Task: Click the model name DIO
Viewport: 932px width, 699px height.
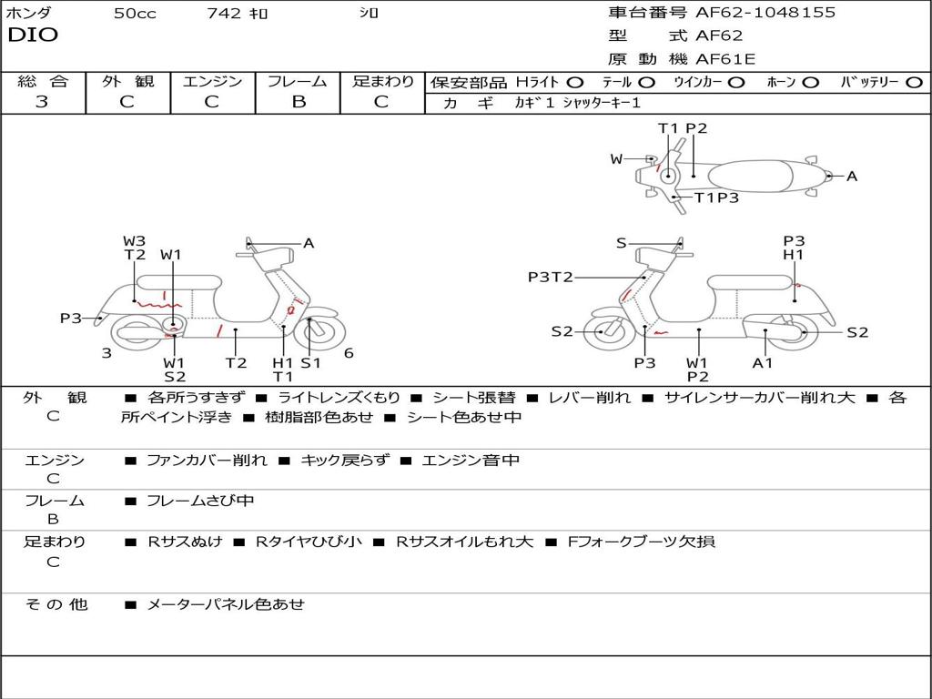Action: pyautogui.click(x=33, y=35)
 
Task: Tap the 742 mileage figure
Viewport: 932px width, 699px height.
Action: pyautogui.click(x=224, y=14)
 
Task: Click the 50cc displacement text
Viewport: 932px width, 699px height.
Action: pyautogui.click(x=134, y=14)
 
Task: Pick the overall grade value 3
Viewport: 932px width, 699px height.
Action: pyautogui.click(x=42, y=101)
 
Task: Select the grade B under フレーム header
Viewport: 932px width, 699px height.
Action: pyautogui.click(x=298, y=101)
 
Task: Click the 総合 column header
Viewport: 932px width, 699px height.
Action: pyautogui.click(x=43, y=81)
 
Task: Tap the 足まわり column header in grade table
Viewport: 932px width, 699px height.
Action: pyautogui.click(x=383, y=81)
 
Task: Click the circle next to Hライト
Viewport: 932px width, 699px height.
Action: pyautogui.click(x=575, y=82)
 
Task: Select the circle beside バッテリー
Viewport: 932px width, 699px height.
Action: pyautogui.click(x=914, y=82)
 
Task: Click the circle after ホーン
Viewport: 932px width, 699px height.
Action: pyautogui.click(x=811, y=82)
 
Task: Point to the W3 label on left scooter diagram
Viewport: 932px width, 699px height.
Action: pyautogui.click(x=134, y=241)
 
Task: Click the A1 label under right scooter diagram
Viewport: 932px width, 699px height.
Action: pyautogui.click(x=763, y=362)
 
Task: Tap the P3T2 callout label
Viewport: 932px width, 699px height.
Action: pyautogui.click(x=551, y=277)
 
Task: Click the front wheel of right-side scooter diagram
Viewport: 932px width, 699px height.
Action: pyautogui.click(x=602, y=331)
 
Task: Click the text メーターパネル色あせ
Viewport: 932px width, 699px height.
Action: pyautogui.click(x=226, y=603)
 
